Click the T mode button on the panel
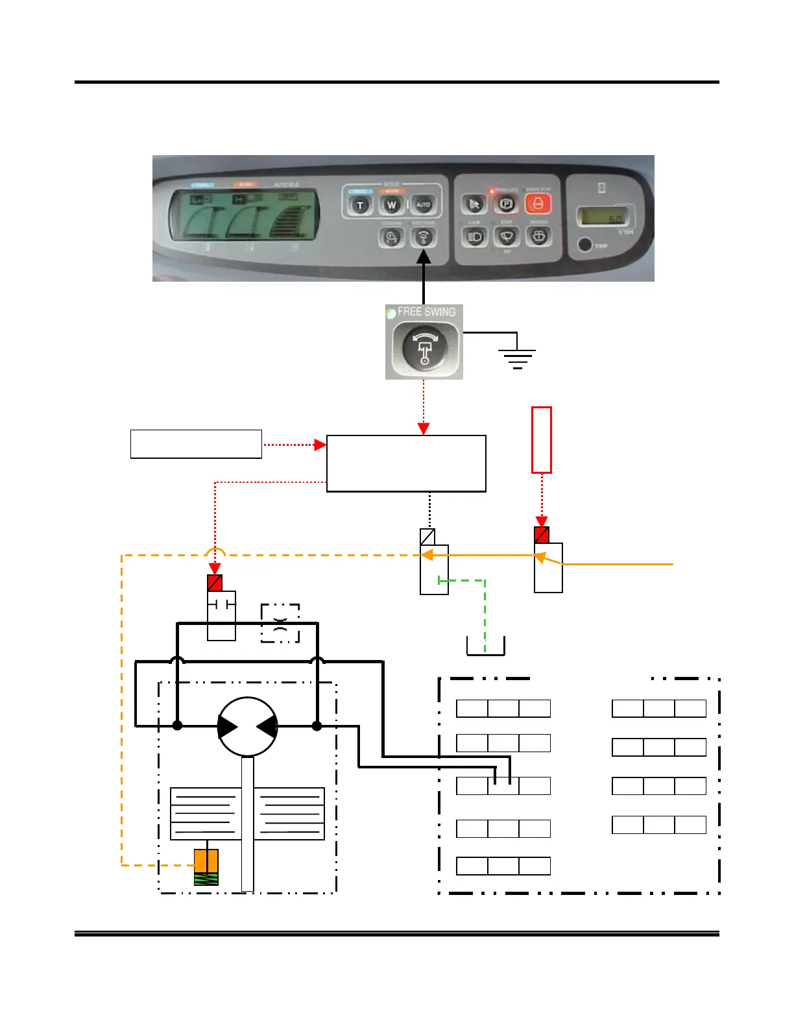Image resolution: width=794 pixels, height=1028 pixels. pyautogui.click(x=360, y=206)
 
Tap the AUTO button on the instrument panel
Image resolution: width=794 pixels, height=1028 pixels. pyautogui.click(x=423, y=205)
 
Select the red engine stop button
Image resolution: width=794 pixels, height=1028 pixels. pyautogui.click(x=538, y=204)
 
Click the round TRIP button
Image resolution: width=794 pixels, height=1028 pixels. pyautogui.click(x=584, y=245)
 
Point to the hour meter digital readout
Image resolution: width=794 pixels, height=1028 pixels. pyautogui.click(x=604, y=216)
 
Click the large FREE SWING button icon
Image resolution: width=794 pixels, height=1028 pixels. pyautogui.click(x=425, y=347)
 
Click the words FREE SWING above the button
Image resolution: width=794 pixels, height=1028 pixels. pyautogui.click(x=426, y=312)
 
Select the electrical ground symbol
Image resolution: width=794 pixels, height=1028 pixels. pyautogui.click(x=517, y=358)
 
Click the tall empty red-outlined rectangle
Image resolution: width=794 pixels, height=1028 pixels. pyautogui.click(x=542, y=439)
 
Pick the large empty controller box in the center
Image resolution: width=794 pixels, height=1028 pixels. pyautogui.click(x=406, y=463)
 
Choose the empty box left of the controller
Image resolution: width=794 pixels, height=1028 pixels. pyautogui.click(x=196, y=444)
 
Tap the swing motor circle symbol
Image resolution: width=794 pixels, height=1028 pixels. pyautogui.click(x=248, y=727)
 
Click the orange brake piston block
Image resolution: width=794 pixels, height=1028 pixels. pyautogui.click(x=206, y=861)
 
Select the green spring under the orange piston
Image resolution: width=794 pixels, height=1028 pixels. pyautogui.click(x=206, y=879)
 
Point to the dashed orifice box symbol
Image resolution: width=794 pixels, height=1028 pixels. pyautogui.click(x=280, y=623)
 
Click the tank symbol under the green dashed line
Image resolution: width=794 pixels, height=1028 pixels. pyautogui.click(x=485, y=647)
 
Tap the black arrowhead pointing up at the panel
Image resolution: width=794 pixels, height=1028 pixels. pyautogui.click(x=424, y=258)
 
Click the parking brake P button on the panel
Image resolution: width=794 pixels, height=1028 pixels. pyautogui.click(x=506, y=204)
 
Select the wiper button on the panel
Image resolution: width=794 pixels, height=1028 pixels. pyautogui.click(x=507, y=237)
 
